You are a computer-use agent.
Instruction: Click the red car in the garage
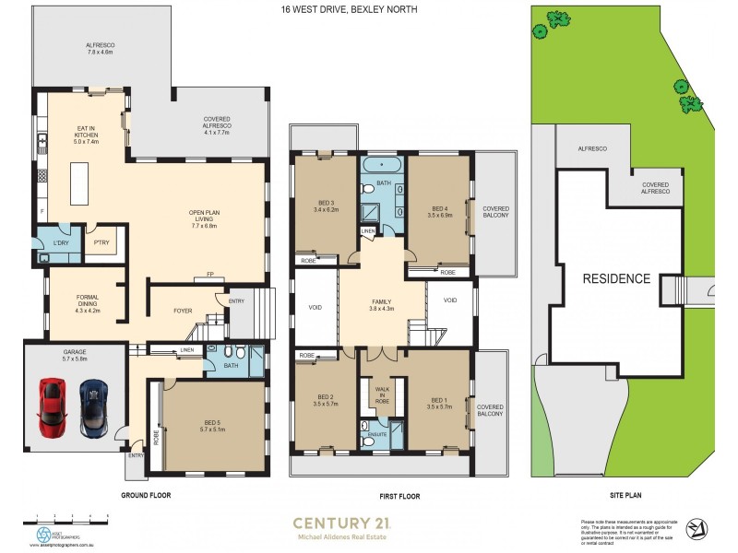pyautogui.click(x=53, y=407)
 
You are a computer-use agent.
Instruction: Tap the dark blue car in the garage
pyautogui.click(x=93, y=408)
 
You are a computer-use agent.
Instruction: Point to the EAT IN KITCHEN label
pyautogui.click(x=87, y=136)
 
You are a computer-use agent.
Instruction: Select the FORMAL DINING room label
pyautogui.click(x=86, y=303)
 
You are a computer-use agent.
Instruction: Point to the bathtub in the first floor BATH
pyautogui.click(x=382, y=166)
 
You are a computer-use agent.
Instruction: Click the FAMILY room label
pyautogui.click(x=382, y=304)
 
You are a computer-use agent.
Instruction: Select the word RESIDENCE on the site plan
pyautogui.click(x=615, y=278)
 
